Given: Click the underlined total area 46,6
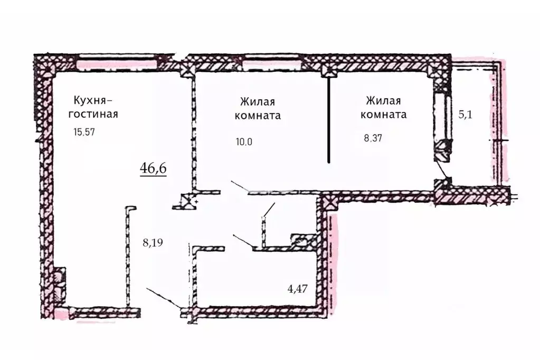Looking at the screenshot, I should [x=153, y=168].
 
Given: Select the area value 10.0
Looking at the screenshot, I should [x=245, y=141].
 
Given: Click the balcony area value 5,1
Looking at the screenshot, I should [x=465, y=115].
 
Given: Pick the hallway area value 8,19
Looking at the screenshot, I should [x=153, y=243].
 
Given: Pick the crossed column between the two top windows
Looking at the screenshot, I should [x=186, y=68].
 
